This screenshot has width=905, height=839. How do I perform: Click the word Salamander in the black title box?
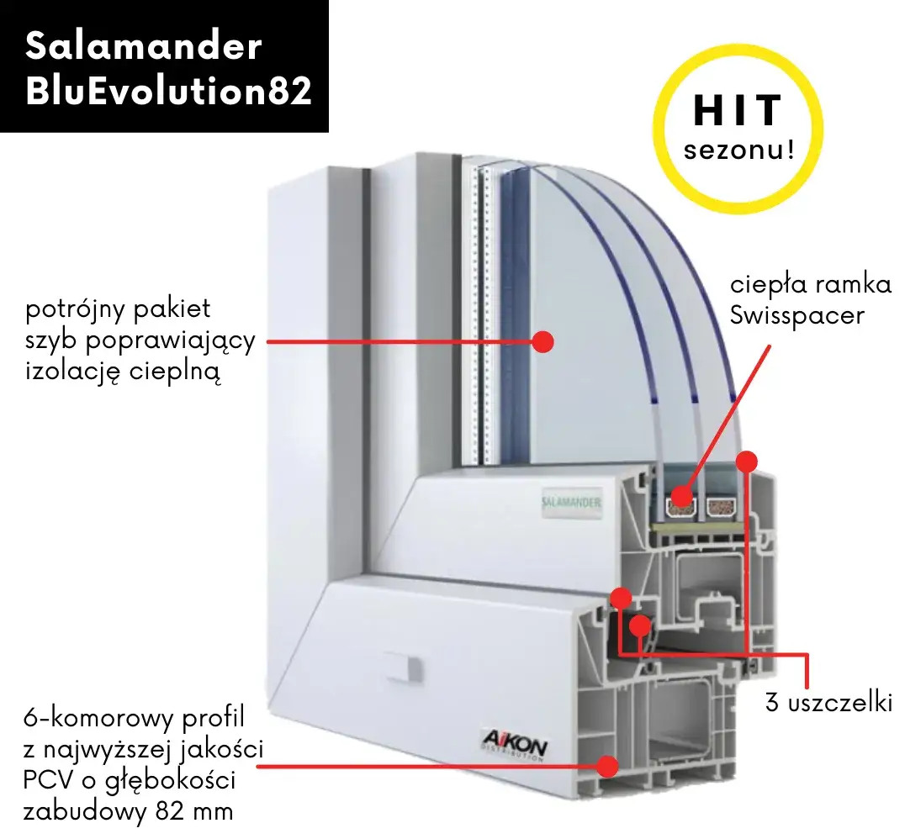(144, 46)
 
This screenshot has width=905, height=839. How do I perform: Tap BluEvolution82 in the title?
(168, 91)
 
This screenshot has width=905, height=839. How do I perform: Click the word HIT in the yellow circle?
(738, 110)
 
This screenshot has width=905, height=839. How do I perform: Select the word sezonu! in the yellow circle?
(739, 150)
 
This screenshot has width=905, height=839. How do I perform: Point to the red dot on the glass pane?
(542, 341)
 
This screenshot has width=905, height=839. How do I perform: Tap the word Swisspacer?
(797, 315)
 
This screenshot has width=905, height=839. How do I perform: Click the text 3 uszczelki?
(828, 703)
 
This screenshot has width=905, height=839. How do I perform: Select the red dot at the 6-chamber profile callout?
(606, 767)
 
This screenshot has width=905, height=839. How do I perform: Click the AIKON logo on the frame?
(515, 747)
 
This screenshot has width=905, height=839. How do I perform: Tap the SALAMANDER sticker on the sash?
(571, 503)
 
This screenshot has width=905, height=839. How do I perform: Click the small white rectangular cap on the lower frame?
(404, 668)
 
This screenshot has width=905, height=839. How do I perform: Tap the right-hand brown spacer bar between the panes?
(720, 507)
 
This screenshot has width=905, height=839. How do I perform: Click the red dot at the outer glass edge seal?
(747, 461)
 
